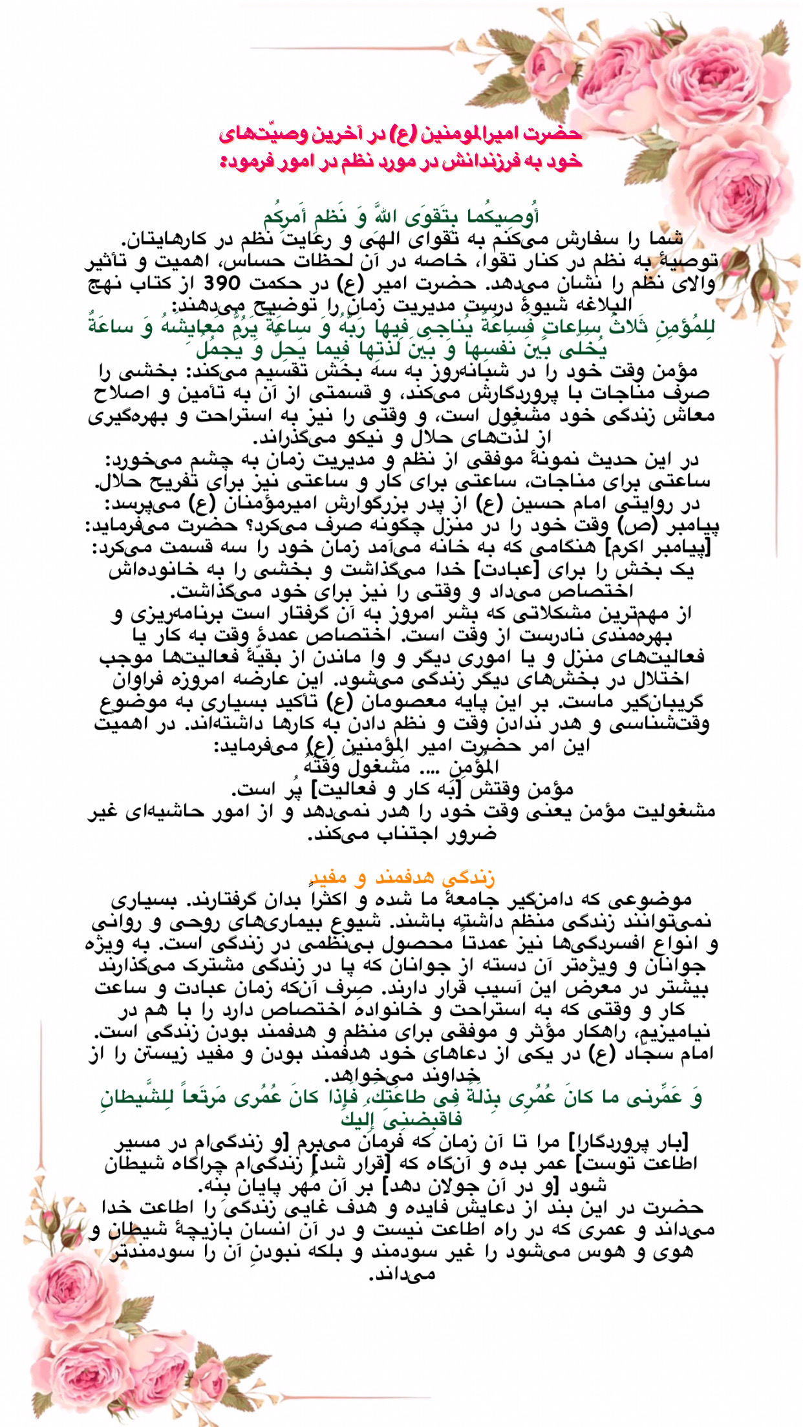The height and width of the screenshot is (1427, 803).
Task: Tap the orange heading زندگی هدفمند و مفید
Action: pyautogui.click(x=401, y=878)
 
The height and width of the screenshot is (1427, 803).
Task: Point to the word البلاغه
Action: pyautogui.click(x=597, y=304)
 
